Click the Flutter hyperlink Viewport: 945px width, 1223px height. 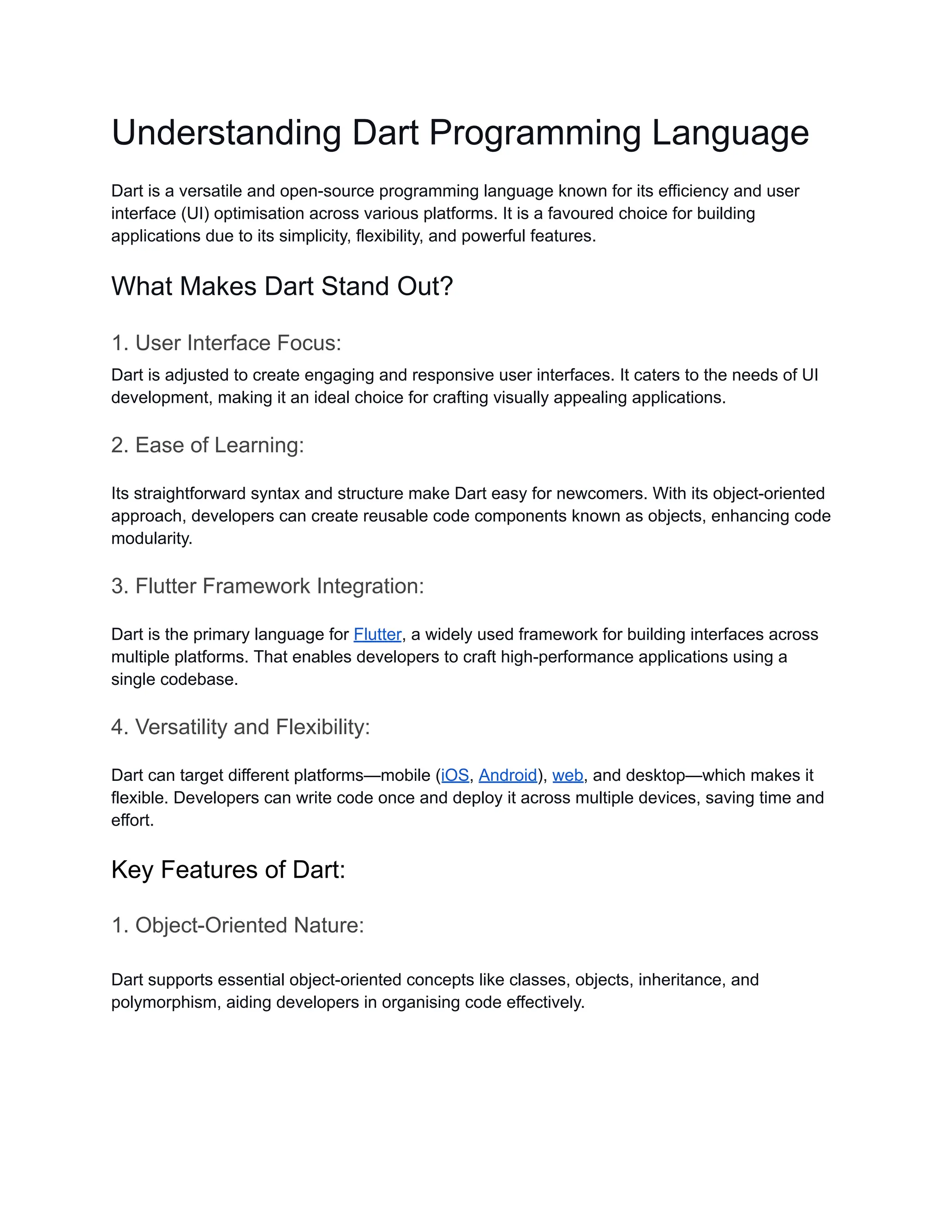point(377,635)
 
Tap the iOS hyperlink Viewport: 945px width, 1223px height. point(455,776)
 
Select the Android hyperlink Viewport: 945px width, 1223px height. point(508,776)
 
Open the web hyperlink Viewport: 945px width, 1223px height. point(568,776)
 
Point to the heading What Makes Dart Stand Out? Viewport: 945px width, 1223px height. point(281,286)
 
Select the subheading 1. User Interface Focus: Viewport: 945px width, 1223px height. point(226,343)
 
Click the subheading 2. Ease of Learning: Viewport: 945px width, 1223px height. point(207,445)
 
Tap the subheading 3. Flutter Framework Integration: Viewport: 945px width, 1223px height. point(268,586)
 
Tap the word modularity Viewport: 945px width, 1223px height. point(151,539)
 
